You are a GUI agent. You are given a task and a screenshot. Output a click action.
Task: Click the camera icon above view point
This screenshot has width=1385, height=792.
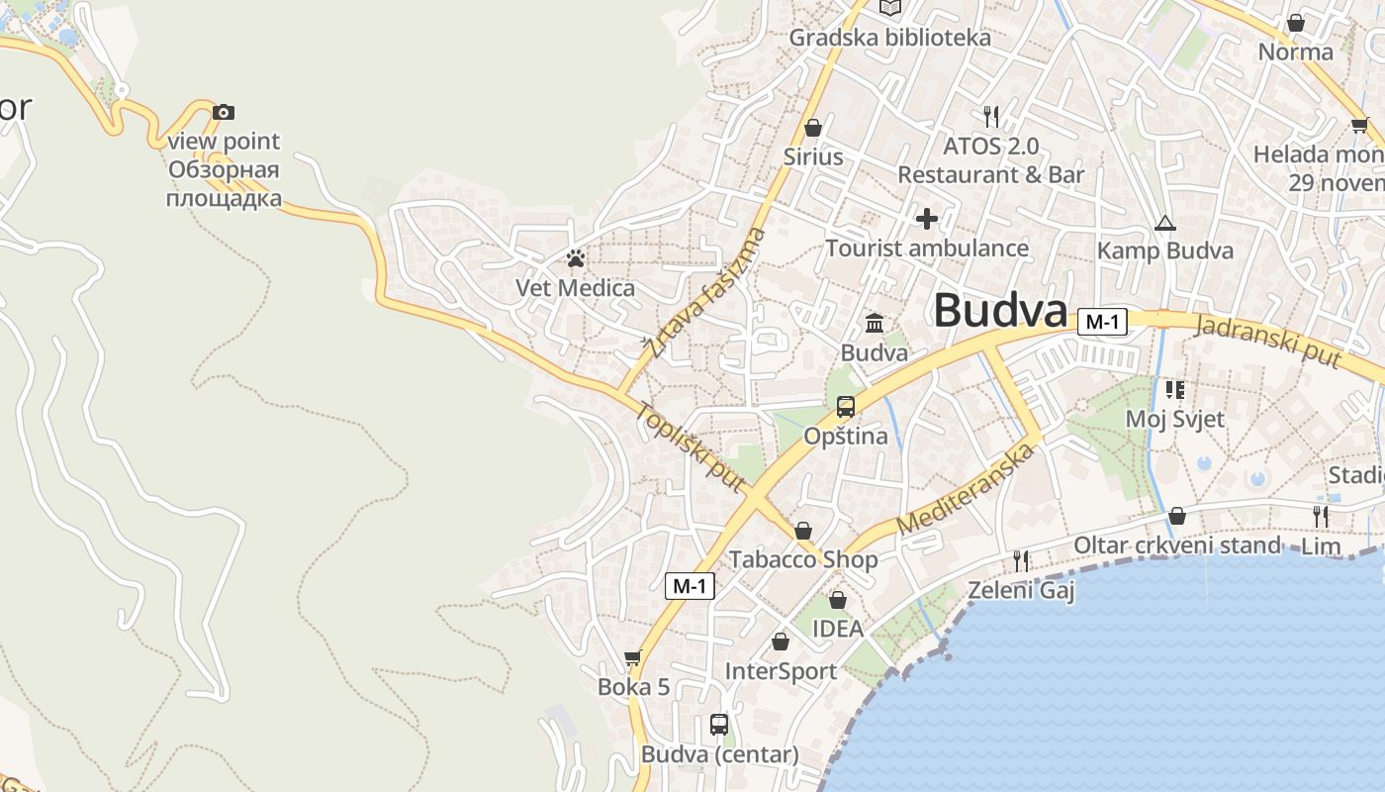224,112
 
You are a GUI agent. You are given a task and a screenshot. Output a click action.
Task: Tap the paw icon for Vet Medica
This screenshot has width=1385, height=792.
576,259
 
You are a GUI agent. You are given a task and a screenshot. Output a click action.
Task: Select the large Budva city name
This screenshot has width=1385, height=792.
1000,311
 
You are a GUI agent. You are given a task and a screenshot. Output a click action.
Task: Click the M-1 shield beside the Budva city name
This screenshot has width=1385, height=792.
1103,322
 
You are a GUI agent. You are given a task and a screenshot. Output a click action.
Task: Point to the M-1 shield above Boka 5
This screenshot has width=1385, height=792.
690,586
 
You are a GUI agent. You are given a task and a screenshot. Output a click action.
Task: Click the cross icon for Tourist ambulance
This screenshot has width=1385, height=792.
927,219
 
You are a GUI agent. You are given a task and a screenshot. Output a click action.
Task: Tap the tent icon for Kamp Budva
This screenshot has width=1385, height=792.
1165,223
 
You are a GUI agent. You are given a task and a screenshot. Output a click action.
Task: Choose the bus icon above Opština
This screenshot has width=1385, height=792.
846,407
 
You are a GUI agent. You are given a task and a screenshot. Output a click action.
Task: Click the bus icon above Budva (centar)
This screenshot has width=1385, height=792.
719,725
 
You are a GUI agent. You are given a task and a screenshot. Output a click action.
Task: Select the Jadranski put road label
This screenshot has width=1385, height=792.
1267,341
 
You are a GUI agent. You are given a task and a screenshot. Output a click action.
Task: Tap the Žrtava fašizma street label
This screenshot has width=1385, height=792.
705,293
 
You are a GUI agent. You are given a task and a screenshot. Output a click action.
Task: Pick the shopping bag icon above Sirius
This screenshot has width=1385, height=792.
813,128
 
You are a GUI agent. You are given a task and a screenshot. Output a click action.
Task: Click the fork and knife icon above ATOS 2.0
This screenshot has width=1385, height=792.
991,117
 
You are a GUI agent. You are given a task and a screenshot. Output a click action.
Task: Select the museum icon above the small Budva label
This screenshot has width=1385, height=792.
875,324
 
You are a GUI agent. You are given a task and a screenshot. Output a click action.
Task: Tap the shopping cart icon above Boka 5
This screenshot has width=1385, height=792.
633,658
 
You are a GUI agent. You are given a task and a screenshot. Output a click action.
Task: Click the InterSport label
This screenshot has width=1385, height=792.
781,671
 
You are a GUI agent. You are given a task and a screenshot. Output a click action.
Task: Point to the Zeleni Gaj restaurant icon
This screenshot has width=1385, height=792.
1021,561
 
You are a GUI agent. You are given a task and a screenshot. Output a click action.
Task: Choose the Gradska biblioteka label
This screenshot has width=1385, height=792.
889,38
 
